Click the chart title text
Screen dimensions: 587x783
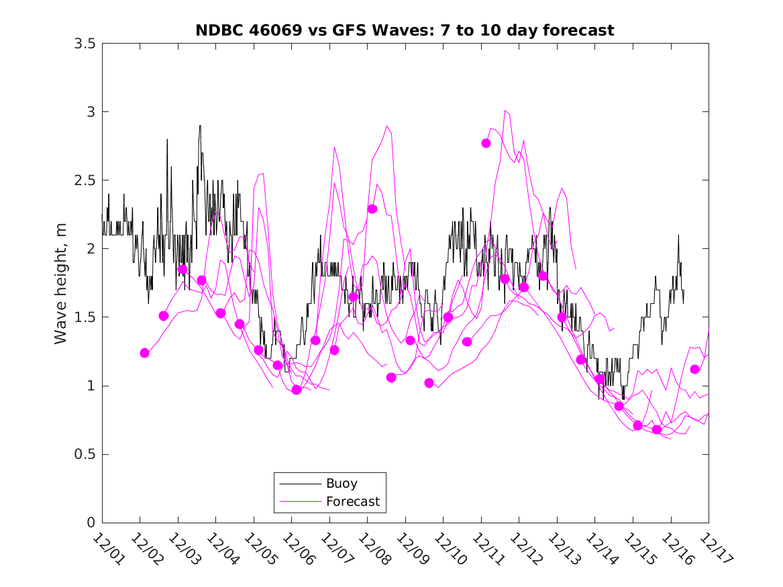coord(405,31)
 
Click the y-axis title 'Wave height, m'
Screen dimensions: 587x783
coord(61,282)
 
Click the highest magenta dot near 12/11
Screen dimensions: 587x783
coord(486,143)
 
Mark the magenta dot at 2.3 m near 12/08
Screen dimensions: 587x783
coord(372,209)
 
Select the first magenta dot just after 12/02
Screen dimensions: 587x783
coord(144,353)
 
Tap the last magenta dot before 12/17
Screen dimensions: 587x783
coord(694,369)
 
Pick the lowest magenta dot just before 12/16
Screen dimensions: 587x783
coord(657,429)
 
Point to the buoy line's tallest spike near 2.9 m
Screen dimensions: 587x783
coord(199,125)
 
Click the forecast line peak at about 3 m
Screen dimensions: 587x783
coord(505,111)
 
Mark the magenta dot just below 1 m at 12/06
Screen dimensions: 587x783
coord(297,390)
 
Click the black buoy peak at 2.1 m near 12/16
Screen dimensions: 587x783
coord(678,235)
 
